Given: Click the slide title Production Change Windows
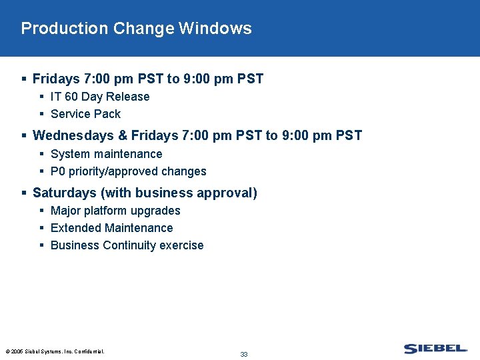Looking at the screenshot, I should pos(136,29).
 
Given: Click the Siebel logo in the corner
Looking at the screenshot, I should pos(435,349).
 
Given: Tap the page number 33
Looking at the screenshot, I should pos(244,354).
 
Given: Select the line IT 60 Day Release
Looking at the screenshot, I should pos(100,97).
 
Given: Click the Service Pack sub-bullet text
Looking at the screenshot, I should pos(85,114).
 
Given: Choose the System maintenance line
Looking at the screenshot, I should pos(106,154).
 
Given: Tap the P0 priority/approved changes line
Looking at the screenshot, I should pos(128,171).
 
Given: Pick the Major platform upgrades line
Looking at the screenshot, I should pos(115,211).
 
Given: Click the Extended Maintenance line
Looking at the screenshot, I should pos(111,228).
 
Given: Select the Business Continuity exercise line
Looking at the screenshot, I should pos(127,245).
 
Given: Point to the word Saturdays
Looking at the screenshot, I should pos(64,193).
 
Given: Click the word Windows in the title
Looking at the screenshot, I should pos(215,29).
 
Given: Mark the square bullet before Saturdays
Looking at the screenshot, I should pos(25,193).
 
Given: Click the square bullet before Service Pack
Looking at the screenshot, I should pos(42,114).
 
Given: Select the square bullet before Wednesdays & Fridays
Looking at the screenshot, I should pos(25,136).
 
